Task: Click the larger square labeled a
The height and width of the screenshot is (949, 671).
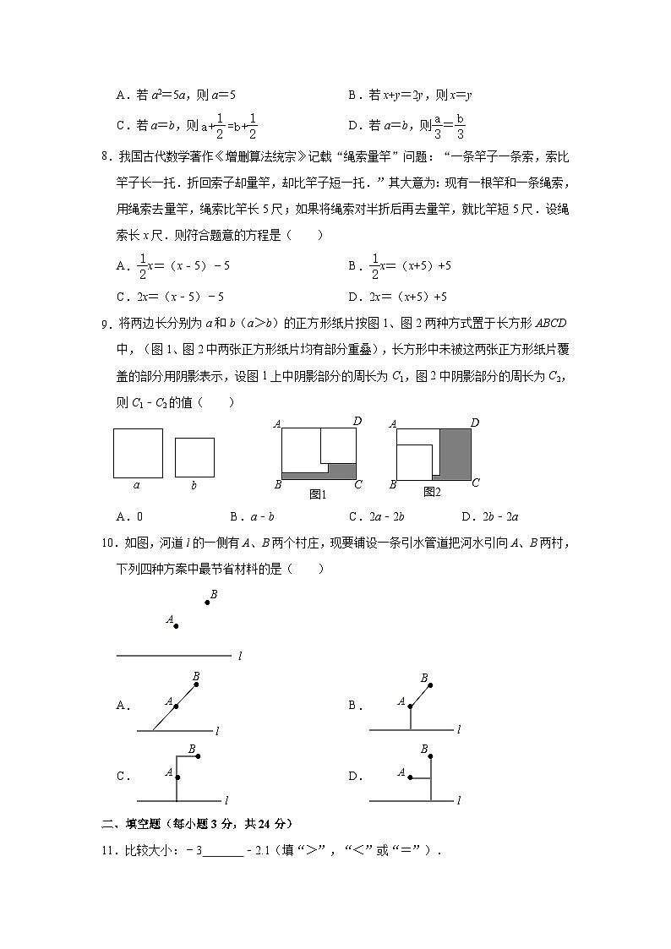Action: tap(138, 453)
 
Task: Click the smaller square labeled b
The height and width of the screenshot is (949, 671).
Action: tap(194, 457)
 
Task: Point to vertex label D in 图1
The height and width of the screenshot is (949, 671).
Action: tap(357, 422)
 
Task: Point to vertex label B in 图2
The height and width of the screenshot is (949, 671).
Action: tap(392, 485)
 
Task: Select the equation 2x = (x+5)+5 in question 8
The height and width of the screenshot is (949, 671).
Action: tap(408, 297)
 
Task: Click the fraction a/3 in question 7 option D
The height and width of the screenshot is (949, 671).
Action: tap(438, 126)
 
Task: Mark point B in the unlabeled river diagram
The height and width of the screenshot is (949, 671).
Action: tap(206, 602)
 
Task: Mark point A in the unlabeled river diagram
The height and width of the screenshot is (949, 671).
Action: tap(176, 626)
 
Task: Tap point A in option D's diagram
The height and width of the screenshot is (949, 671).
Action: tap(411, 777)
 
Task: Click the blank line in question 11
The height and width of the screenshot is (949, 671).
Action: tap(223, 851)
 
